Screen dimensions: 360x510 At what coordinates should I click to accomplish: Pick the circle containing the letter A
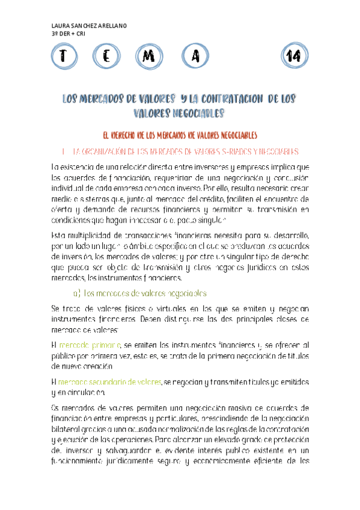(195, 57)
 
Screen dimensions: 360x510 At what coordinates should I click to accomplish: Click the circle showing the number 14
(294, 57)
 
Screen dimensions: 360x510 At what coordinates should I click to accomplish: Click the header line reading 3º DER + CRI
(69, 34)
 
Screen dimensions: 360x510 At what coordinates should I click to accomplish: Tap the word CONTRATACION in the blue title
(229, 99)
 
